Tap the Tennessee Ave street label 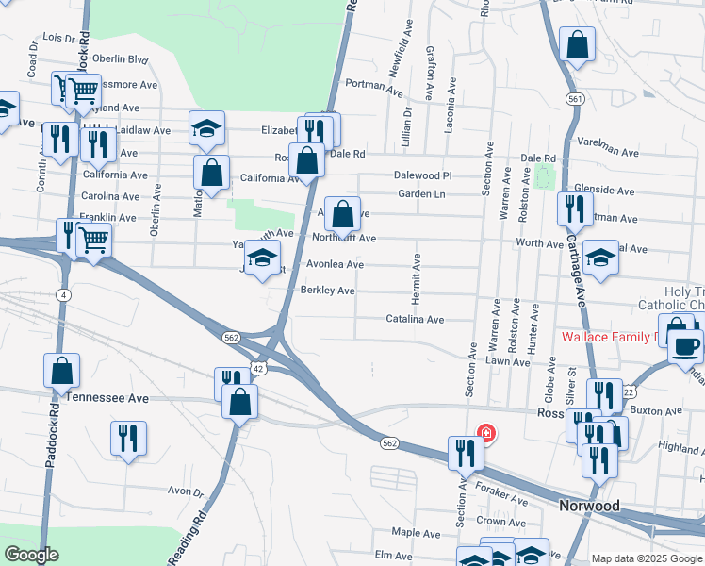(107, 399)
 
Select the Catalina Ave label (415, 320)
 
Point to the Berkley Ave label (327, 291)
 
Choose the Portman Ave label (374, 85)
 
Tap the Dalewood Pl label (423, 175)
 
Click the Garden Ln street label (420, 194)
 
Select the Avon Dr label (186, 491)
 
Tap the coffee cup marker (685, 345)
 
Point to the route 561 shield (574, 99)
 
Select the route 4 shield (61, 295)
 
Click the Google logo (31, 556)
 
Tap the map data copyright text (647, 558)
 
